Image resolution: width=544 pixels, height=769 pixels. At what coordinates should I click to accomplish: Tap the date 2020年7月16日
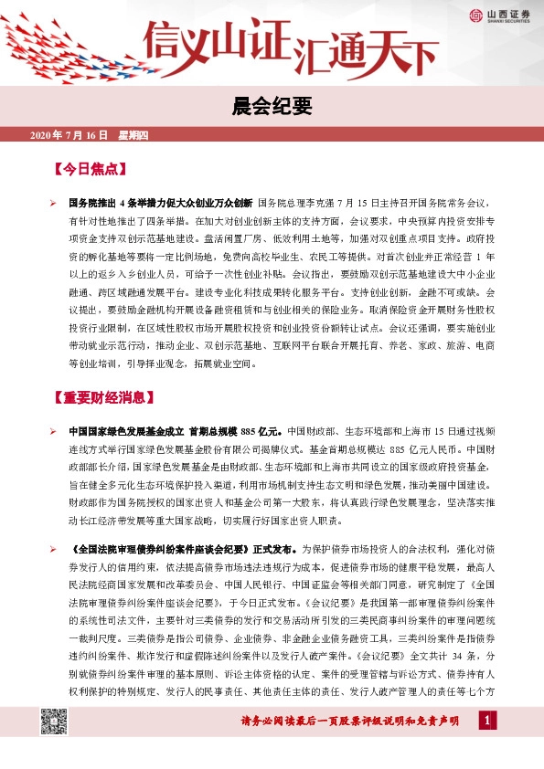pyautogui.click(x=69, y=135)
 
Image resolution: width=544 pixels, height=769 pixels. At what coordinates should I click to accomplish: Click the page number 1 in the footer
pyautogui.click(x=487, y=723)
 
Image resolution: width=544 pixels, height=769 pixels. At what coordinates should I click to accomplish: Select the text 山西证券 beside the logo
pyautogui.click(x=506, y=12)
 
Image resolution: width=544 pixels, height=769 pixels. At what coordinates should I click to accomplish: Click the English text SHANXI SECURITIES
pyautogui.click(x=506, y=21)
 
